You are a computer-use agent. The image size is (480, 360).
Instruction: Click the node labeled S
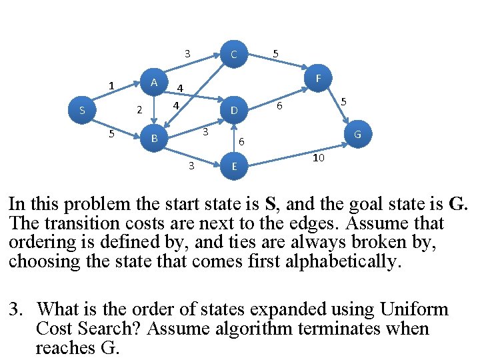[x=82, y=110]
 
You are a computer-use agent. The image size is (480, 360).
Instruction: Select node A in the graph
[x=154, y=82]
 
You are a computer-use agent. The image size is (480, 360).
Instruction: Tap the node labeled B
[x=154, y=138]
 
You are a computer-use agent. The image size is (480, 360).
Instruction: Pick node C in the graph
[x=234, y=54]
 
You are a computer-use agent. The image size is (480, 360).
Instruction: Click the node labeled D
[x=234, y=110]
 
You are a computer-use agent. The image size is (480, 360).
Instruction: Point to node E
[x=234, y=166]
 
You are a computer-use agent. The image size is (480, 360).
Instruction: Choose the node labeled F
[x=319, y=78]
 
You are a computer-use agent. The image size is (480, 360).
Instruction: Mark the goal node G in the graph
[x=358, y=134]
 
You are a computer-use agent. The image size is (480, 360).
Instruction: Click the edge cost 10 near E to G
[x=319, y=157]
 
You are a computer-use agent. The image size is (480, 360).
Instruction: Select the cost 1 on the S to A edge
[x=111, y=85]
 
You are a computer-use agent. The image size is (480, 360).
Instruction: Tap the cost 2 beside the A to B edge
[x=139, y=109]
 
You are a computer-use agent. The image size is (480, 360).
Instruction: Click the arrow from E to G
[x=299, y=155]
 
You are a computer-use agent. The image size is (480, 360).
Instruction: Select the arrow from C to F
[x=278, y=61]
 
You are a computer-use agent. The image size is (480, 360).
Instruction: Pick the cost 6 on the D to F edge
[x=279, y=106]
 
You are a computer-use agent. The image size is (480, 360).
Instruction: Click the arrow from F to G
[x=337, y=105]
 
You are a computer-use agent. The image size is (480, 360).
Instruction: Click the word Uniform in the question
[x=414, y=309]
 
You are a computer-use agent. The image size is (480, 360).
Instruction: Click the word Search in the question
[x=109, y=328]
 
